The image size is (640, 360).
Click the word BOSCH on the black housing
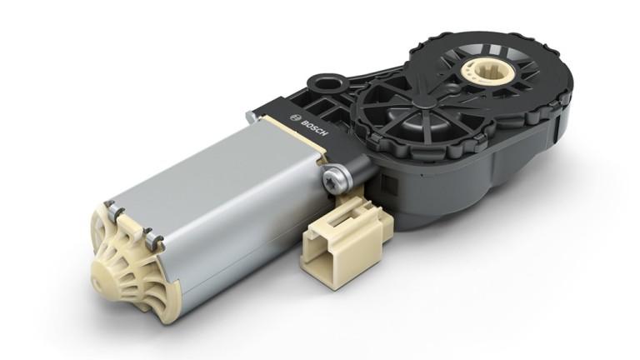point(314,127)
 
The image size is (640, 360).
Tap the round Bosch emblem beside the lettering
point(293,117)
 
